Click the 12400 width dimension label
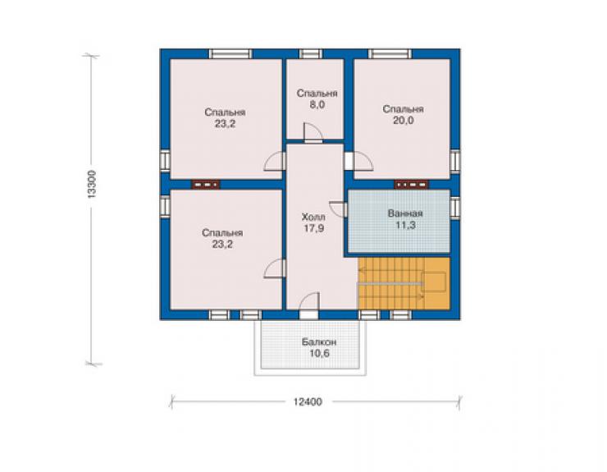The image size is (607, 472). [308, 402]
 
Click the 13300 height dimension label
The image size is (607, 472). [91, 185]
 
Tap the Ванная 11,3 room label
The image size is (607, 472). [405, 219]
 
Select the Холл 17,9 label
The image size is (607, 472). [313, 222]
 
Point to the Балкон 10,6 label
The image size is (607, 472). [319, 347]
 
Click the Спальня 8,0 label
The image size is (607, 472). [317, 99]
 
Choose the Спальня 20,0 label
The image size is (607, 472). [403, 115]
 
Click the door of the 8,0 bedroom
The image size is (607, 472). [313, 132]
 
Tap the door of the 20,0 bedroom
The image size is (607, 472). [358, 161]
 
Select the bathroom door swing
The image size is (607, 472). [338, 209]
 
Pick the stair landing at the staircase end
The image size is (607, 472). [434, 282]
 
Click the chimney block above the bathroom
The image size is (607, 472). [411, 185]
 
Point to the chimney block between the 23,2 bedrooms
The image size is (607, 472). [205, 185]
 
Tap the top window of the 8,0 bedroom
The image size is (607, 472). [311, 54]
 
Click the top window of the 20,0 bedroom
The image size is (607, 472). [390, 54]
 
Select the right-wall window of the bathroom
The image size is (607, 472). [455, 208]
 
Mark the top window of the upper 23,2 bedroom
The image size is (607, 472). [230, 54]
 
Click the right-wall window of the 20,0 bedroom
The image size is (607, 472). [455, 160]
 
